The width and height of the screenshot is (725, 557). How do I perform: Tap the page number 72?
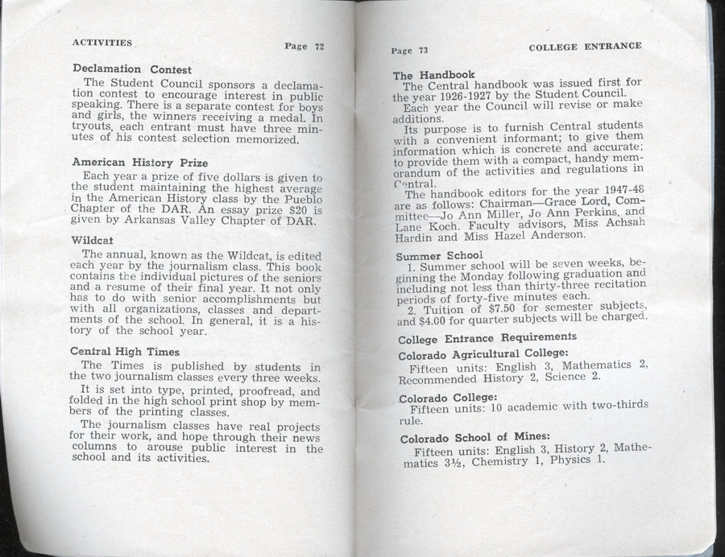click(304, 46)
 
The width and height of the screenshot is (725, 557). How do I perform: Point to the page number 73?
click(409, 50)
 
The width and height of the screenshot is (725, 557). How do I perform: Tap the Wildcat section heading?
click(91, 240)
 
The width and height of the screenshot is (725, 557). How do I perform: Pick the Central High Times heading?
click(125, 351)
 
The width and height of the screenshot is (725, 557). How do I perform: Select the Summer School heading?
click(439, 255)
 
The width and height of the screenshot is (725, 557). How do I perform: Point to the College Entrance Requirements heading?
click(487, 337)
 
